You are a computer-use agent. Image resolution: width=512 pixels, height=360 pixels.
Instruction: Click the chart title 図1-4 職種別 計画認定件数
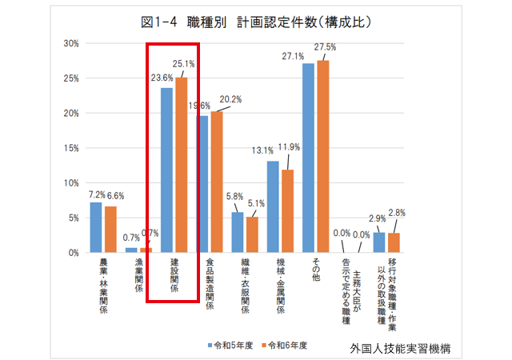click(255, 22)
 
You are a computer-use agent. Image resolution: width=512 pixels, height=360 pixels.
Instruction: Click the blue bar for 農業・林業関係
click(96, 227)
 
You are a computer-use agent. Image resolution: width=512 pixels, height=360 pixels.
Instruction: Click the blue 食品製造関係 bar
click(203, 184)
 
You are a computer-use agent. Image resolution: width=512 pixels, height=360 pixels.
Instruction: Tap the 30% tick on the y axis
click(70, 43)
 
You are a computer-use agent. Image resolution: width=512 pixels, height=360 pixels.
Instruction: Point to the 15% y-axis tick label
click(70, 148)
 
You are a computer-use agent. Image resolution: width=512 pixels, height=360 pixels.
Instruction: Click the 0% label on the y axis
click(73, 253)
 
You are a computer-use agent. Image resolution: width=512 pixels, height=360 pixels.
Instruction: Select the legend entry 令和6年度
click(280, 345)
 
